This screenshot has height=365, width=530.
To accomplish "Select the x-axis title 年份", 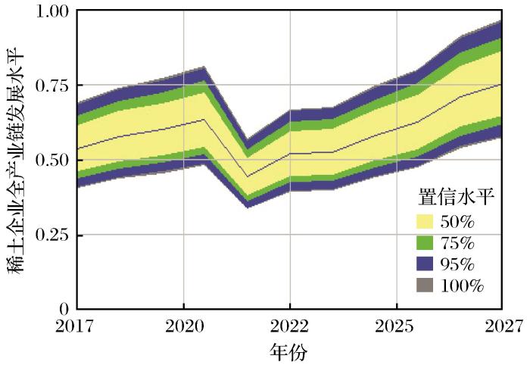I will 289,351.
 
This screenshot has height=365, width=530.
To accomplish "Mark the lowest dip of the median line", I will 248,176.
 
